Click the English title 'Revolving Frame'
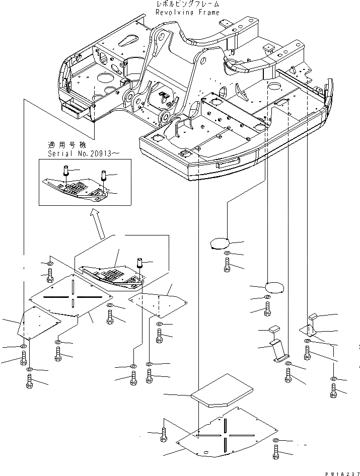[x=188, y=13]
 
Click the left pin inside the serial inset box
[x=65, y=172]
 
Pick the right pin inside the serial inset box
[x=103, y=177]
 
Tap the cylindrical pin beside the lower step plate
[x=139, y=263]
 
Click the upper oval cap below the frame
[x=220, y=243]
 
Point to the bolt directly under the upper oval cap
[x=228, y=263]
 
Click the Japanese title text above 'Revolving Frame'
[x=188, y=5]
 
